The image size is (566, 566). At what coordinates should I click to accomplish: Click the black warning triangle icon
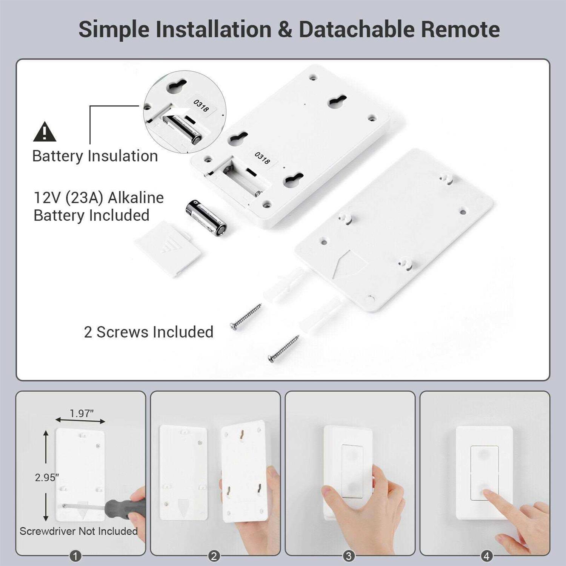coord(45,132)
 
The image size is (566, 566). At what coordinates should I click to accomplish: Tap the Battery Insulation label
coord(95,156)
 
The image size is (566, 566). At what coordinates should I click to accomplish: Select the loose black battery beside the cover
coord(206,218)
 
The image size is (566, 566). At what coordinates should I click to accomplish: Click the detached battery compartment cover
coord(168,249)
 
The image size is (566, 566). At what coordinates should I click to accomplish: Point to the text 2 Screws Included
coord(148,332)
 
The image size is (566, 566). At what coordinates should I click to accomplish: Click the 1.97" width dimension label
coord(82,413)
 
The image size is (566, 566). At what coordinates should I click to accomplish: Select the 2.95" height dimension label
coord(47,477)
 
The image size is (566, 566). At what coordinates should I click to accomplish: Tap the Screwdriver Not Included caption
coord(78,531)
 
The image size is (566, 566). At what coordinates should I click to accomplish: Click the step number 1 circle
coord(75,556)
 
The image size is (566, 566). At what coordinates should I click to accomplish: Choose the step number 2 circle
coord(214,556)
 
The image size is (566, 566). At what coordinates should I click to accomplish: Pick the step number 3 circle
coord(348,556)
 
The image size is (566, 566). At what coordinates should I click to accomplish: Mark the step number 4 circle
coord(486,556)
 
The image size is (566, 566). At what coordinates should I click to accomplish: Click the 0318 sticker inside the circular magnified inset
coord(201,106)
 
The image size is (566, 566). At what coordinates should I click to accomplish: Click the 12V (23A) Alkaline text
coord(98,198)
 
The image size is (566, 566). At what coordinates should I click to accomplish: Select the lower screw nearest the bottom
coord(283,348)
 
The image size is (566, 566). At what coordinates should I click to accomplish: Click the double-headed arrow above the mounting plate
coord(80,420)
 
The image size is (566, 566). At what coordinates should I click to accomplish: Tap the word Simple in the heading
coord(114,29)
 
